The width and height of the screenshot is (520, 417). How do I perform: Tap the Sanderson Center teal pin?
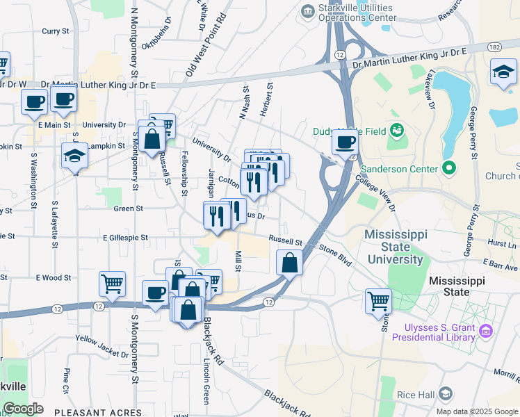pyautogui.click(x=448, y=168)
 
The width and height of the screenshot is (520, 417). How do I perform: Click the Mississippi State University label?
pyautogui.click(x=403, y=247)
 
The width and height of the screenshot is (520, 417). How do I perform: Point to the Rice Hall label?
pyautogui.click(x=416, y=395)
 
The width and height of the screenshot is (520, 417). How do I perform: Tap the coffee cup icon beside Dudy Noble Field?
pyautogui.click(x=345, y=143)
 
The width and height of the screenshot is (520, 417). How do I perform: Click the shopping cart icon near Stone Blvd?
pyautogui.click(x=378, y=301)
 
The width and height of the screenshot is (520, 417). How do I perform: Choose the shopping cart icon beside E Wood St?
pyautogui.click(x=112, y=284)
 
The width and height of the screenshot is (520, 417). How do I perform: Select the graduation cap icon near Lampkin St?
pyautogui.click(x=75, y=156)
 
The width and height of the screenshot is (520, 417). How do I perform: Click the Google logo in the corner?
pyautogui.click(x=23, y=409)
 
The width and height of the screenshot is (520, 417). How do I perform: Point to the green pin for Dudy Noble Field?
pyautogui.click(x=397, y=129)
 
